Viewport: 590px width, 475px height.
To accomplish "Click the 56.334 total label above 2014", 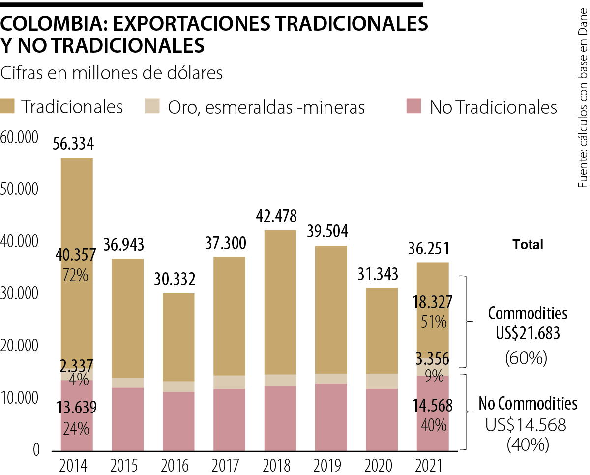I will pyautogui.click(x=77, y=144).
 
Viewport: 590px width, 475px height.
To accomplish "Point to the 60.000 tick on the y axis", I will pyautogui.click(x=20, y=138).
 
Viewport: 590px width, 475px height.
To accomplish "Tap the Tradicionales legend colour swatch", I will pyautogui.click(x=8, y=107).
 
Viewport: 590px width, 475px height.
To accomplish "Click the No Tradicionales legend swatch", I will pyautogui.click(x=414, y=107).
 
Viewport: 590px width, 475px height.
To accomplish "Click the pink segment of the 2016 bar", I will pyautogui.click(x=178, y=421).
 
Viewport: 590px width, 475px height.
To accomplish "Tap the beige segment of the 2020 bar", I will pyautogui.click(x=382, y=381).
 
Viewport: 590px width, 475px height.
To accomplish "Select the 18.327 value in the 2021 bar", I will pyautogui.click(x=433, y=302).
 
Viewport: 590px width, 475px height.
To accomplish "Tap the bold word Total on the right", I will pyautogui.click(x=528, y=244).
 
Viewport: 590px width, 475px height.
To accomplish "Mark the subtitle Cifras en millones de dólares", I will pyautogui.click(x=112, y=73).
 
